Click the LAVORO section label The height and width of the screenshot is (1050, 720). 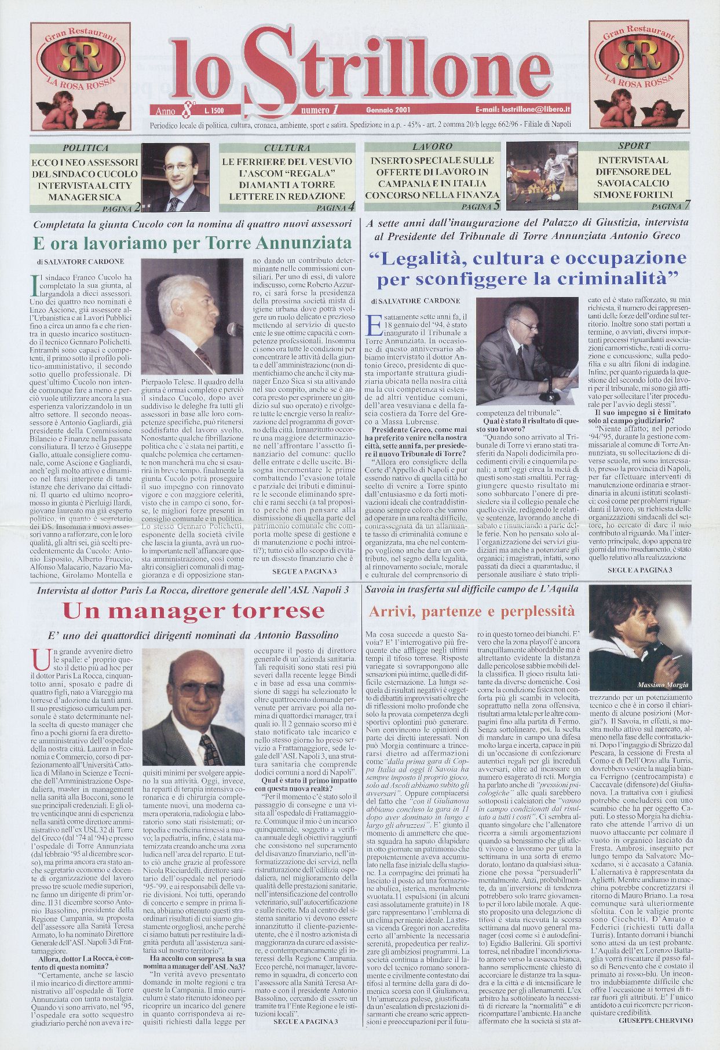tap(432, 147)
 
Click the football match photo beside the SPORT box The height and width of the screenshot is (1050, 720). tap(541, 176)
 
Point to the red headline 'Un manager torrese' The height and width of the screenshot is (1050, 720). tap(193, 611)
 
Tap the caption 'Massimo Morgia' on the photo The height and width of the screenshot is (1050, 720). tap(663, 685)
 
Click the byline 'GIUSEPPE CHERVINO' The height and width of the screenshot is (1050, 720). tap(655, 1036)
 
